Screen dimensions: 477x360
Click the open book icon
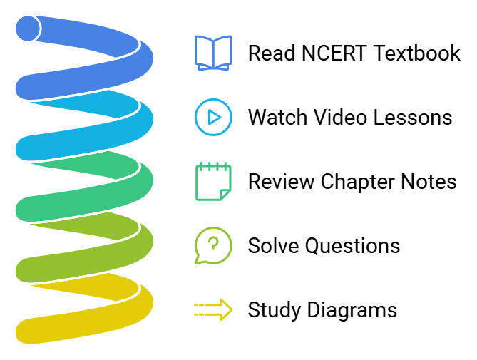[x=213, y=53]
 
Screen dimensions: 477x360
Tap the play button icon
[x=213, y=117]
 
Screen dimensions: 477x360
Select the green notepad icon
[x=213, y=182]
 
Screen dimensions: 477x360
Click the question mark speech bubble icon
[x=213, y=246]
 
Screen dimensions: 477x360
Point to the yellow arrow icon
[x=213, y=309]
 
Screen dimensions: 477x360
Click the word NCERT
[x=334, y=53]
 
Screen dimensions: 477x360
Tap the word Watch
[x=277, y=117]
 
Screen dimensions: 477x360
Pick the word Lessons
[x=413, y=117]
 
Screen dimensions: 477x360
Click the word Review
[x=281, y=182]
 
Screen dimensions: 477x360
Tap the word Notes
[x=429, y=182]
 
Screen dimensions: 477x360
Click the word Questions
[x=353, y=246]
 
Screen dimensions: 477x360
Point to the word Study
[x=275, y=311]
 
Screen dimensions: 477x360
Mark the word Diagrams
[x=352, y=311]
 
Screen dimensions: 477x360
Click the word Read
[x=272, y=53]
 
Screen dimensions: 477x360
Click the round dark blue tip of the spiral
[x=28, y=29]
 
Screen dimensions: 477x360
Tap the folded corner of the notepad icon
[x=224, y=195]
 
